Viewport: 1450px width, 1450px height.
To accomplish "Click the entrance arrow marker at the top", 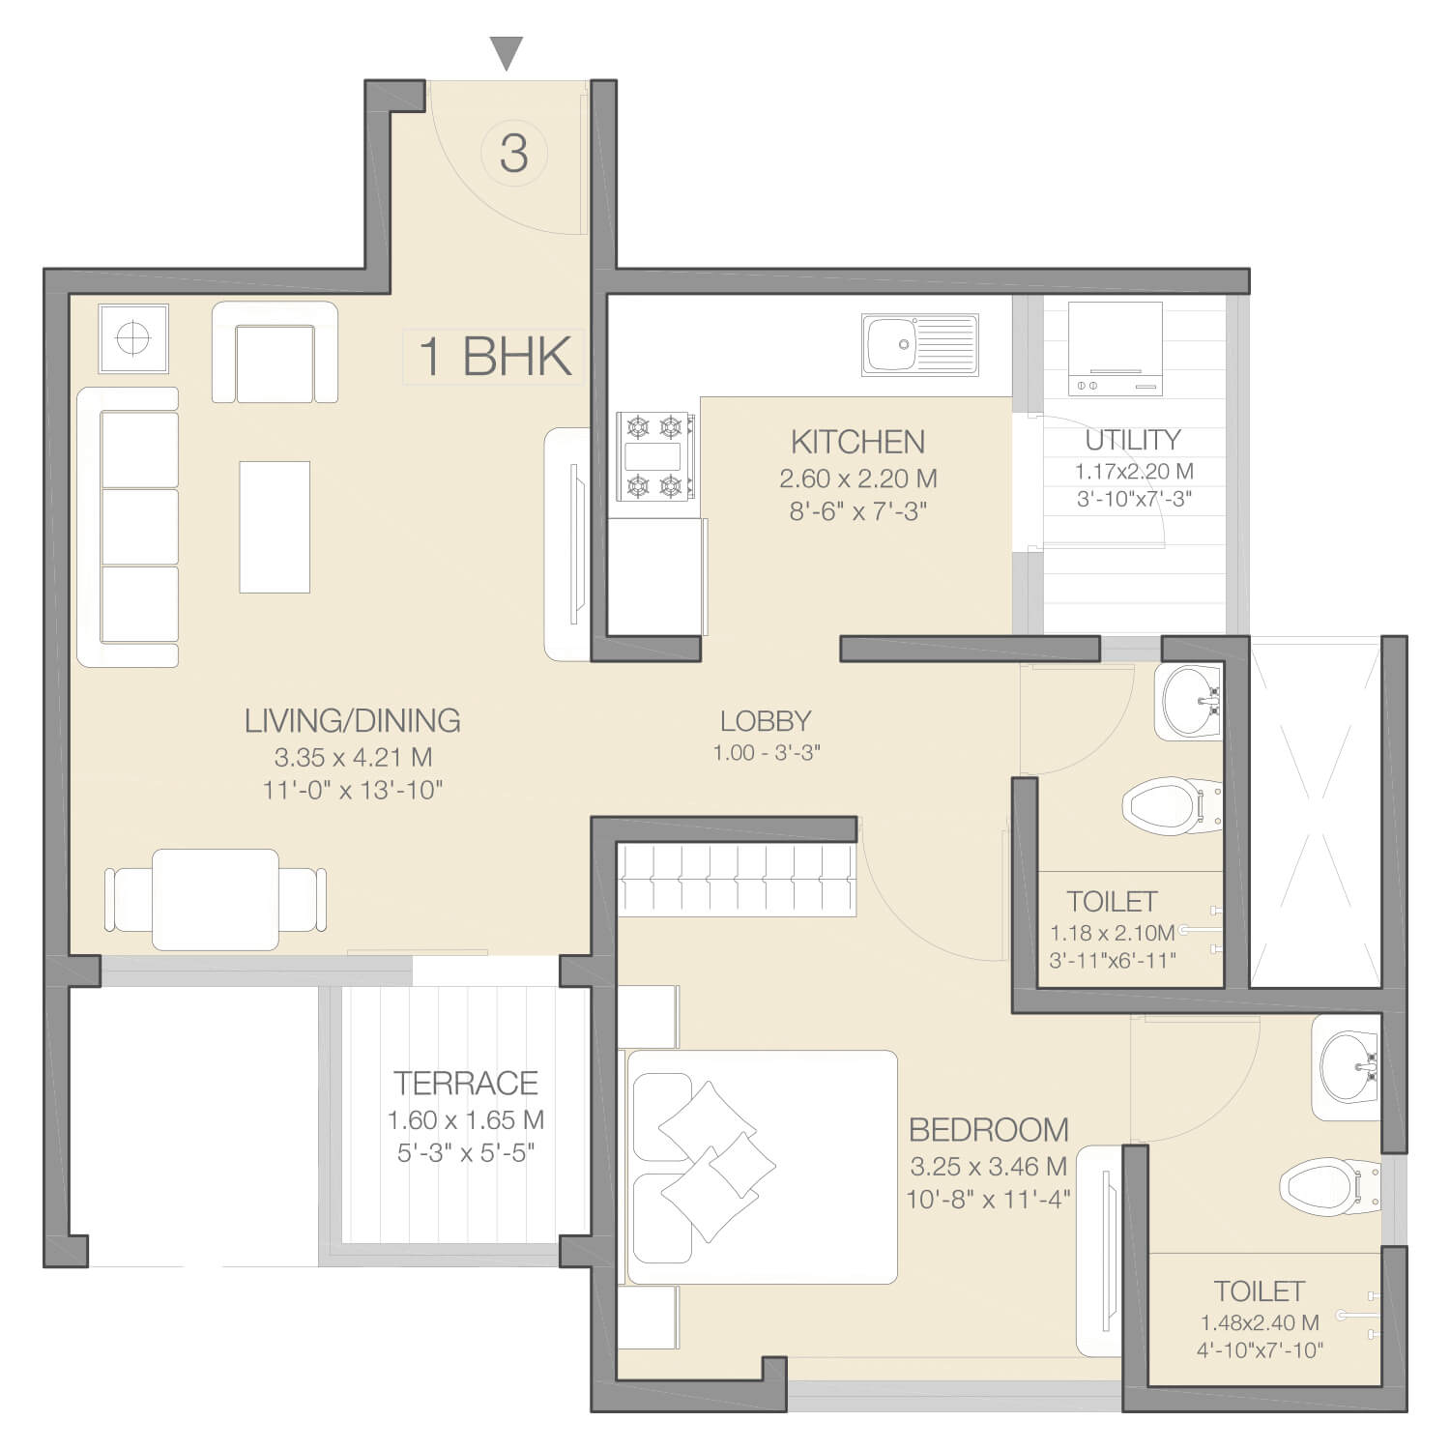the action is coord(507,53).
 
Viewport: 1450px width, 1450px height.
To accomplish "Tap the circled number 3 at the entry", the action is coord(514,153).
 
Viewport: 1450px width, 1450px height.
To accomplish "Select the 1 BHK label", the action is coord(495,356).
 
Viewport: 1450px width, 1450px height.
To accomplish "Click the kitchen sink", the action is coord(919,343).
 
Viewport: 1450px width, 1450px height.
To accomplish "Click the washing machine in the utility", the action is coord(1116,348).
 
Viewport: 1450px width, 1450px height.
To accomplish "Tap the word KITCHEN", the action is coord(857,442).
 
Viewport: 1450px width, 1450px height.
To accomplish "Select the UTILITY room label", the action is coord(1133,440).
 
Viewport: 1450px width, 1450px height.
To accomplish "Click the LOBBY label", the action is coord(766,720).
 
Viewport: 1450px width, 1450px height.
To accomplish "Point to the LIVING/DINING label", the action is coord(352,720).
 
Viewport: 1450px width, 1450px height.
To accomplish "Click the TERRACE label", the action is coord(466,1083).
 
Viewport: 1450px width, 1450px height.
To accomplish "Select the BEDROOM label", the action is coord(988,1129).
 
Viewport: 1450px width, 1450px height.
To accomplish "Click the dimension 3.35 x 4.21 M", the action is coord(353,757).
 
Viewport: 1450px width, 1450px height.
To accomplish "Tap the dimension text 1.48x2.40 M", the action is coord(1260,1322).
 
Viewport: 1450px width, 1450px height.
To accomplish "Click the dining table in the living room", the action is coord(216,899).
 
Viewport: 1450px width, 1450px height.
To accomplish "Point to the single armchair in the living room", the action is coord(275,351).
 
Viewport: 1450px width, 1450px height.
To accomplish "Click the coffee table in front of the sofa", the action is coord(275,527).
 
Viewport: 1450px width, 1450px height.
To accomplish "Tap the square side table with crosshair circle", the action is coord(133,338).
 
